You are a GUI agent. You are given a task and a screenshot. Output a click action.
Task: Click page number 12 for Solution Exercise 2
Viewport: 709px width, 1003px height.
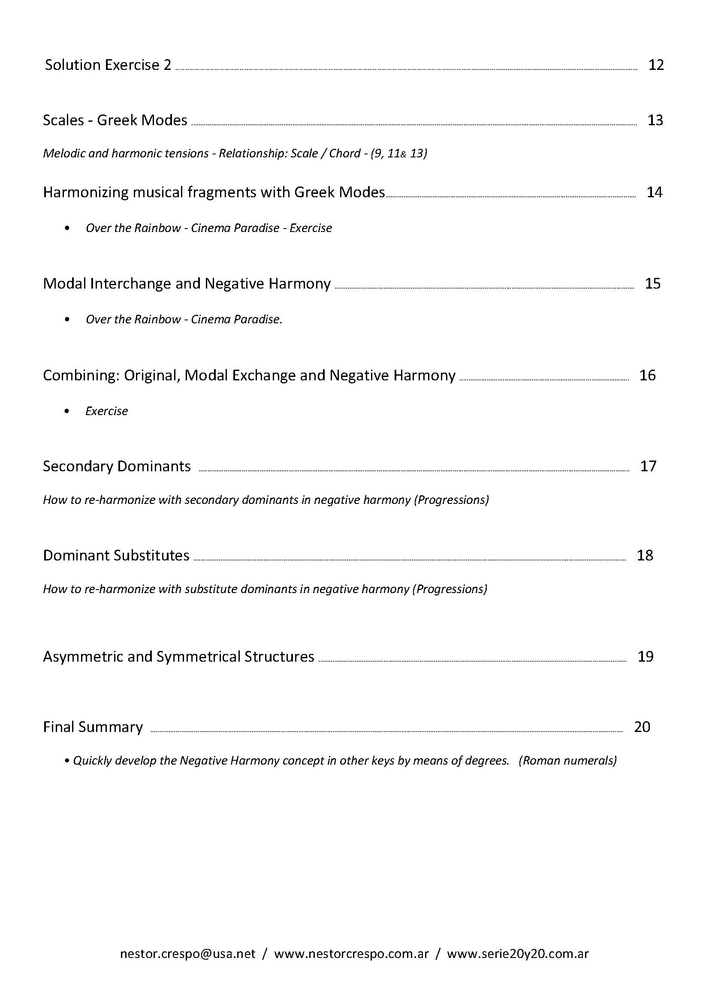coord(656,65)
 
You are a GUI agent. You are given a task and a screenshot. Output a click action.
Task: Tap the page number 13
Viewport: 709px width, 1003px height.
coord(655,120)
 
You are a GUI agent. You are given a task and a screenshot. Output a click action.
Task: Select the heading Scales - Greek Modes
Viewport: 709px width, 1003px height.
coord(115,120)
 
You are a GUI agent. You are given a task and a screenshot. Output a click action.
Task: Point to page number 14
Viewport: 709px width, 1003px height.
coord(655,192)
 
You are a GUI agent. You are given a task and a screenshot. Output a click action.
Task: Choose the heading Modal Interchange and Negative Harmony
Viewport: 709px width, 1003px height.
coord(187,284)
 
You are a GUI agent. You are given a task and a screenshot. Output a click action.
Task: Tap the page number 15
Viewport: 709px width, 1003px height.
coord(653,284)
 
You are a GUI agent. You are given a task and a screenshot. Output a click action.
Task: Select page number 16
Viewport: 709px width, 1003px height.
coord(647,375)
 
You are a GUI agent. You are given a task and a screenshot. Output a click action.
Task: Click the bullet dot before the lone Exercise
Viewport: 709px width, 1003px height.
coord(66,411)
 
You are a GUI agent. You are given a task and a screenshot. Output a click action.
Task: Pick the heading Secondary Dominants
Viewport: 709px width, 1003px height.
coord(117,467)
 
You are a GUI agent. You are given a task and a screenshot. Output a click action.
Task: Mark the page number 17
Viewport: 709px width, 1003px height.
coord(648,467)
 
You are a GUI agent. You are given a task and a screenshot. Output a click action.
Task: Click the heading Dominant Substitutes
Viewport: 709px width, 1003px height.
coord(116,556)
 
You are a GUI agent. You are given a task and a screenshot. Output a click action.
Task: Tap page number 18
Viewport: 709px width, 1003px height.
coord(645,556)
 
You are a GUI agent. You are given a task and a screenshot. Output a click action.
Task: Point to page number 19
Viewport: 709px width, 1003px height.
coord(646,657)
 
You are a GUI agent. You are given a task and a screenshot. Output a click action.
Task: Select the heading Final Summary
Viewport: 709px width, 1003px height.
coord(93,727)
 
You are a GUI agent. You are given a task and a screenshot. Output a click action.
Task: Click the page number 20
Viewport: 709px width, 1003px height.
coord(642,727)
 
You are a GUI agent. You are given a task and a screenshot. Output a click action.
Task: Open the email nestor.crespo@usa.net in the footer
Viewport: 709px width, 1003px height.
coord(187,954)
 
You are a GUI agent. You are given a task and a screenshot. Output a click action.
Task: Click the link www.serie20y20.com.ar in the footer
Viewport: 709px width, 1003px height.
coord(518,954)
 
